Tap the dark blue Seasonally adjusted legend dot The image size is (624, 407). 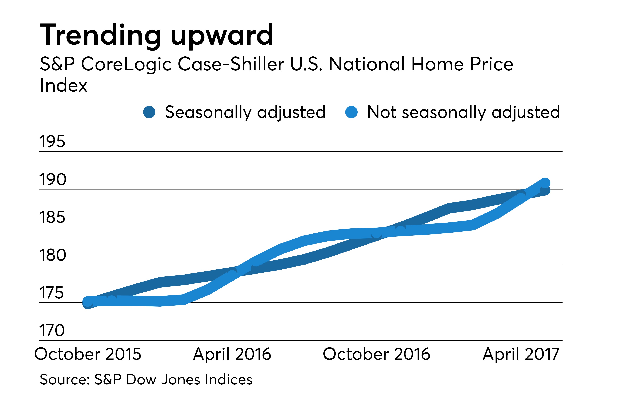coord(149,112)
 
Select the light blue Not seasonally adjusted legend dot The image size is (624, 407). coord(351,112)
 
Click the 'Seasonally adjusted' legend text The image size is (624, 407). coord(245,112)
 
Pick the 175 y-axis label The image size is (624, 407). coord(51,293)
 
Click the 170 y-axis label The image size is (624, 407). coord(52,330)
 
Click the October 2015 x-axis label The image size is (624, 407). coord(88,354)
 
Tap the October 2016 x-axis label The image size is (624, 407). coord(377,354)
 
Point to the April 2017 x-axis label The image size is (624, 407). coord(521,354)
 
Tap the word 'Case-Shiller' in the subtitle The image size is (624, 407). coord(231,64)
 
